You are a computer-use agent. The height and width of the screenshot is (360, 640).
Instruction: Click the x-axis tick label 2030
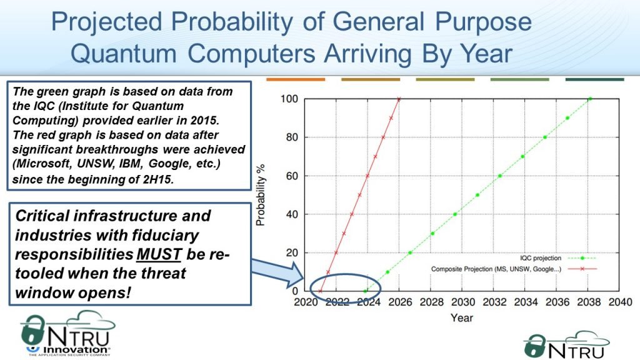point(463,302)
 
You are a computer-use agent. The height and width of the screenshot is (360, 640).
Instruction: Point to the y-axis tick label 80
point(292,137)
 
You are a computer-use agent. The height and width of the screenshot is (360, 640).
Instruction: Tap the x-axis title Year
point(462,318)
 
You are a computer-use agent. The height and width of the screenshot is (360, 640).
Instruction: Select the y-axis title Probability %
point(261,195)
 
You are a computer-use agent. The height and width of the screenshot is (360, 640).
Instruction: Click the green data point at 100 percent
point(590,99)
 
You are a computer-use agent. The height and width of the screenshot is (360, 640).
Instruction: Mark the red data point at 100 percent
point(399,99)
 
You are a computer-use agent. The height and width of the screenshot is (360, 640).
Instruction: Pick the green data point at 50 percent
point(477,195)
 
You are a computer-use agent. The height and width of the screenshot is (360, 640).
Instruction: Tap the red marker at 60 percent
point(367,176)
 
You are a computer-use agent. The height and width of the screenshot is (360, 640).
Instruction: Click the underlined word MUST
point(159,254)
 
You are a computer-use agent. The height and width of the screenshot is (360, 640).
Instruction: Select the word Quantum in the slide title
point(123,54)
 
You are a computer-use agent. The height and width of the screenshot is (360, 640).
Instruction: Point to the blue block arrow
point(277,272)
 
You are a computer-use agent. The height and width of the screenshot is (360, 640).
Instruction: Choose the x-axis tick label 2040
point(620,302)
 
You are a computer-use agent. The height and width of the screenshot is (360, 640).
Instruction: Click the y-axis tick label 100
point(289,99)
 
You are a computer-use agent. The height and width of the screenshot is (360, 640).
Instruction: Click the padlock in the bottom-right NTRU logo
point(534,346)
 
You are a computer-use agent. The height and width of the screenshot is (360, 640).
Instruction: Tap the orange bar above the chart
point(296,79)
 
